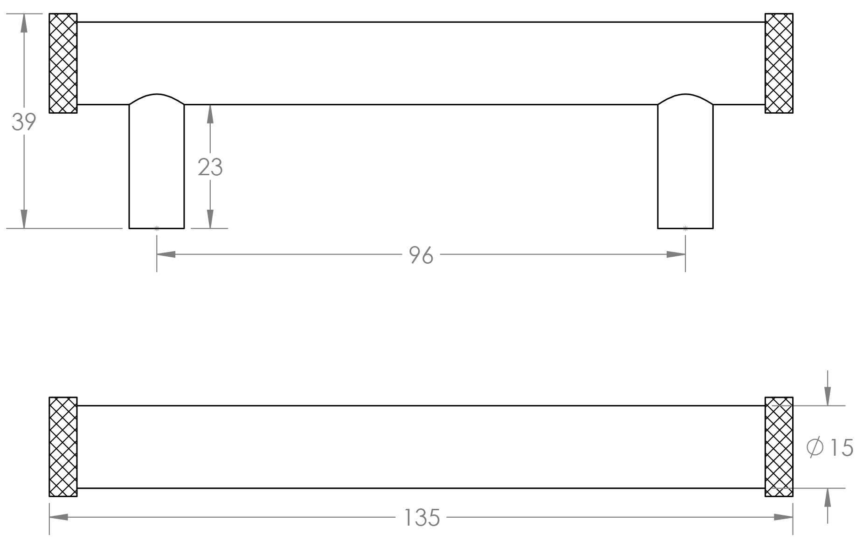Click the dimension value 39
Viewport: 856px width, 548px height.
click(x=24, y=122)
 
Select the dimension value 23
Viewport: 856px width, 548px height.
click(x=210, y=167)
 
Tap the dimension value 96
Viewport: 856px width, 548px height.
click(x=421, y=255)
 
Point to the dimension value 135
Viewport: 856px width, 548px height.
click(x=422, y=518)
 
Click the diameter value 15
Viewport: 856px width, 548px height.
click(x=842, y=448)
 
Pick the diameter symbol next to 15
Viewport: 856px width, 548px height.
click(x=815, y=448)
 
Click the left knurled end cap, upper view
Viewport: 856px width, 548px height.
click(x=63, y=63)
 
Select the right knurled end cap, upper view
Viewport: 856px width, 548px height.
click(x=779, y=63)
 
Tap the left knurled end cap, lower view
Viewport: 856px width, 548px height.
click(x=63, y=447)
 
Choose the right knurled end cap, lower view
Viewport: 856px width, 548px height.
click(x=779, y=447)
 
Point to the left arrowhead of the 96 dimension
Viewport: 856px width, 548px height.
click(x=166, y=254)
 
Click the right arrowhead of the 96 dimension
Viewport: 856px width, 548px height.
click(x=676, y=254)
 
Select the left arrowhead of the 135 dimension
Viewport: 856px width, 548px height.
click(x=59, y=517)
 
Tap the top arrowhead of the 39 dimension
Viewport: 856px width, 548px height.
click(x=24, y=23)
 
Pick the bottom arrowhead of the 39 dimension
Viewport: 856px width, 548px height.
click(x=24, y=219)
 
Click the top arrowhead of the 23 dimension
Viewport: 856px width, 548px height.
click(x=210, y=114)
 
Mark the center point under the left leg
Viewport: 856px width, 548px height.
click(x=157, y=228)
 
